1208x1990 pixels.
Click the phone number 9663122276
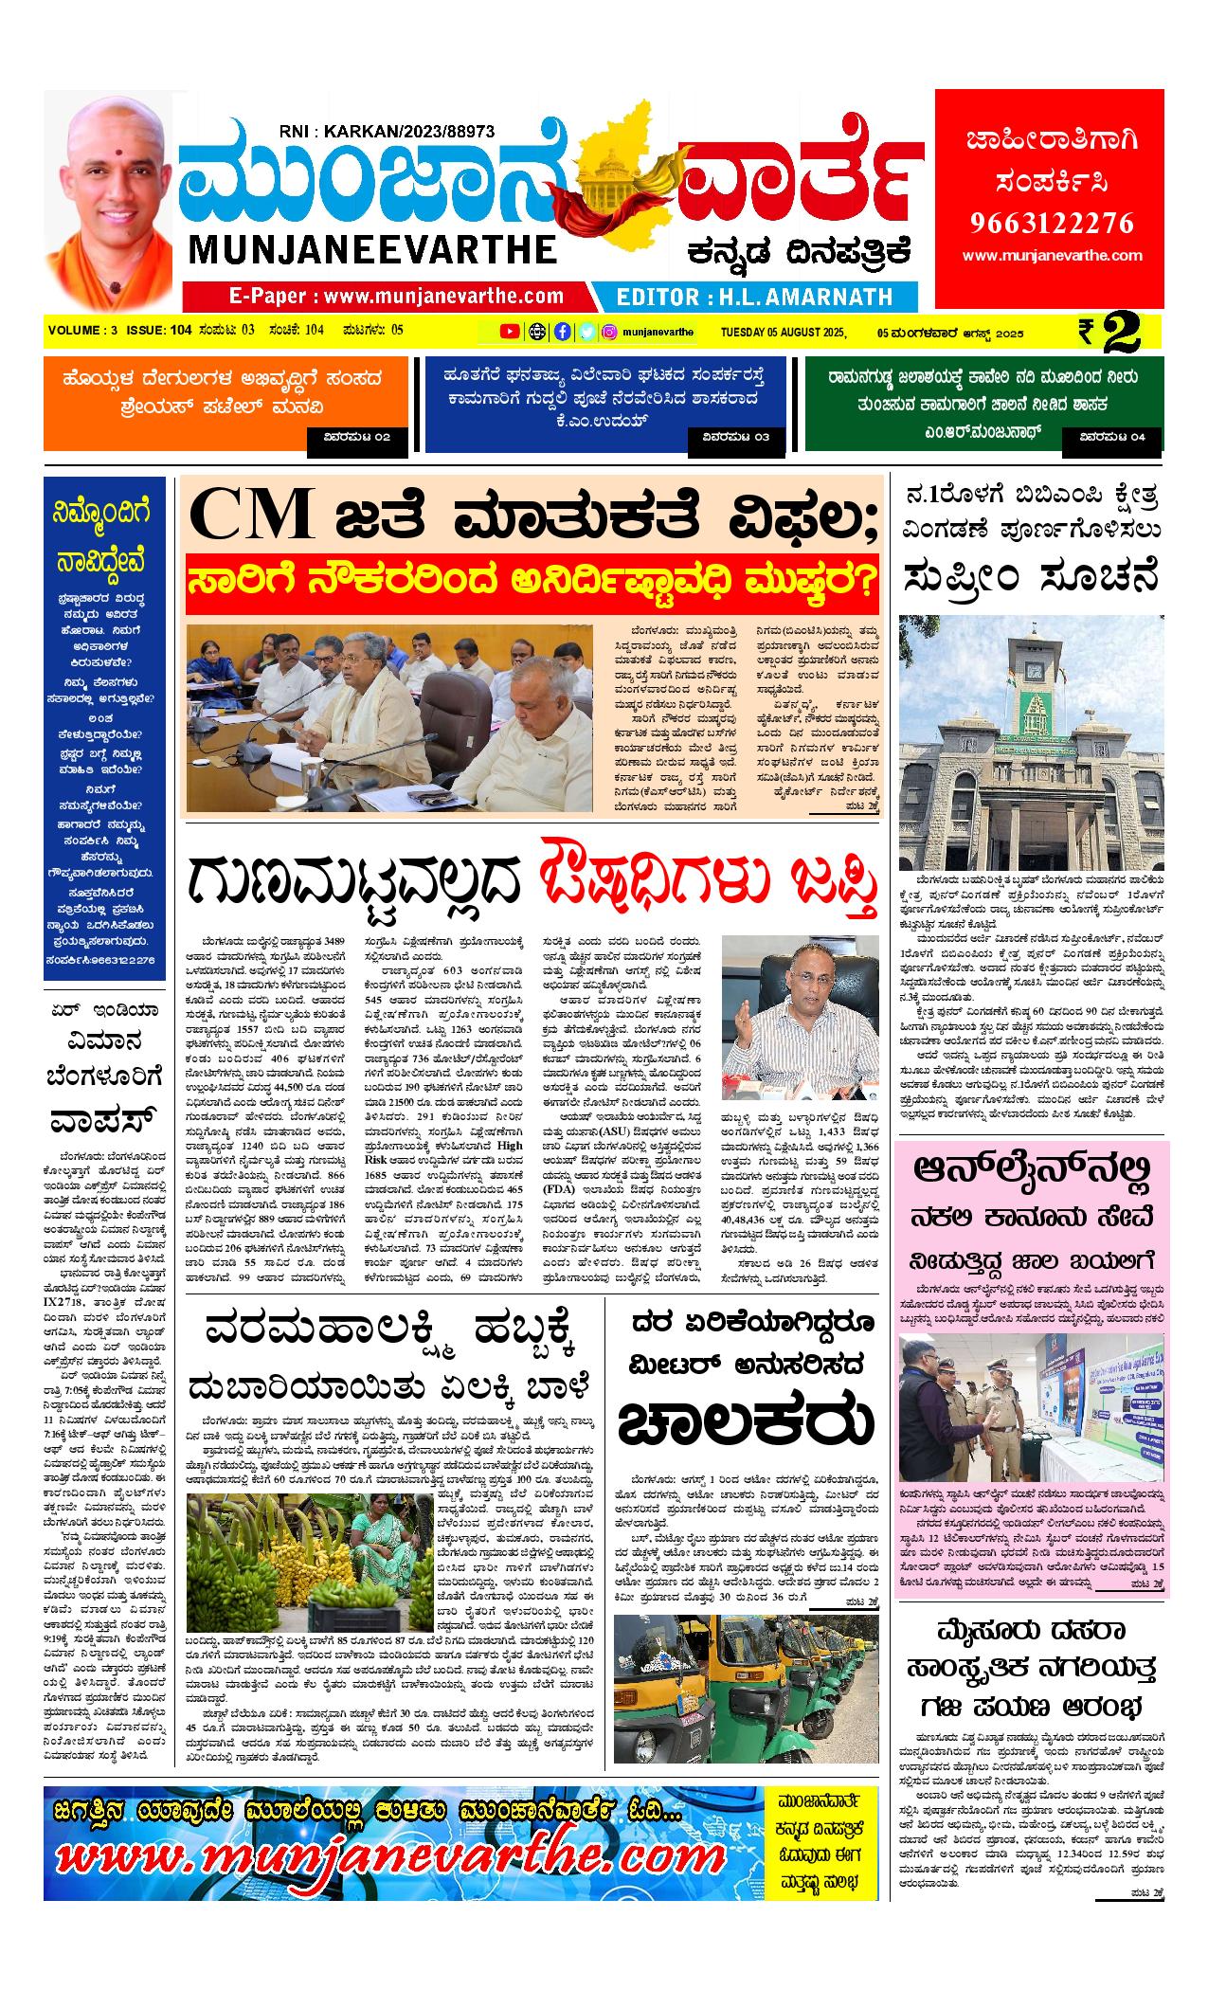[x=1051, y=223]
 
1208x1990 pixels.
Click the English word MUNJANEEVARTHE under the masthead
[x=372, y=250]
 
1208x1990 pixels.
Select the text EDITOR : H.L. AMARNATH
[x=754, y=297]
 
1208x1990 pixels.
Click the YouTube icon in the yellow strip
[x=510, y=332]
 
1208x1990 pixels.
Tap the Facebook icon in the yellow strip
[x=563, y=332]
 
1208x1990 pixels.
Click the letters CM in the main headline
[x=252, y=514]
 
